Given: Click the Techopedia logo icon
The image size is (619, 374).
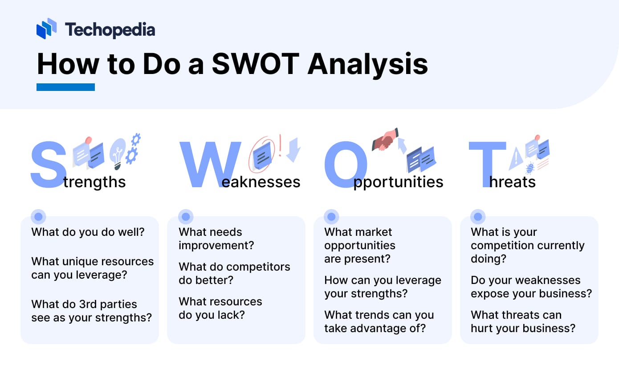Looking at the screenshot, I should coord(46,29).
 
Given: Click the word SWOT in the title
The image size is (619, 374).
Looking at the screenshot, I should coord(255,64).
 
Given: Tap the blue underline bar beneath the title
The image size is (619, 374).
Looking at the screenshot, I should coord(65,87).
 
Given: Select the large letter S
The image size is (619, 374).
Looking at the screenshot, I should coord(48,164).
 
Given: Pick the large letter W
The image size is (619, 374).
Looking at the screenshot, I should coord(209,164).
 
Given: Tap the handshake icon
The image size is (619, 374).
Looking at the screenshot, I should coord(385,140).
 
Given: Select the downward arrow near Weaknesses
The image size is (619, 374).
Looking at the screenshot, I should coord(293,149).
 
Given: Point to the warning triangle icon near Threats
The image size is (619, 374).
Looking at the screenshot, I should coord(516,158).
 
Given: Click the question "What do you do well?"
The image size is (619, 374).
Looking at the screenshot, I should coord(88,232).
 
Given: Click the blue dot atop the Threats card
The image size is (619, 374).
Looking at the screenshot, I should coord(478,217).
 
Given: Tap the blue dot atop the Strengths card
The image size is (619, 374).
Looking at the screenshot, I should coord(38,217).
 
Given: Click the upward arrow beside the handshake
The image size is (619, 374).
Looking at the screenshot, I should coord(402,145).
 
